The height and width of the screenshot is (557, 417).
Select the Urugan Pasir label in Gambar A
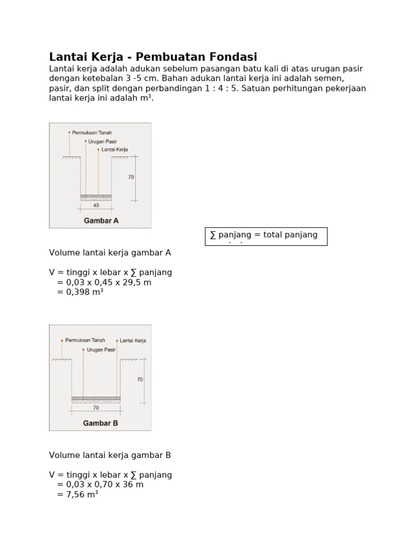(103, 141)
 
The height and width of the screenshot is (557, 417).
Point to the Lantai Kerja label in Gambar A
(115, 149)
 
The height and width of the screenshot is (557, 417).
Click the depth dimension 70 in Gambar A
(131, 177)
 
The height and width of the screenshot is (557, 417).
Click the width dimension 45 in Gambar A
(96, 206)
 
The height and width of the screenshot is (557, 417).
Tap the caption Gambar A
(100, 221)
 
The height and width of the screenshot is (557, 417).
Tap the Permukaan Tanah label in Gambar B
(85, 341)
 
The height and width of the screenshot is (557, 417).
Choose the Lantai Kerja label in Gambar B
(132, 341)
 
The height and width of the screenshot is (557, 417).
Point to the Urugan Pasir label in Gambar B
(103, 350)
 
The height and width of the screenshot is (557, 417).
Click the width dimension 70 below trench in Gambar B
(96, 407)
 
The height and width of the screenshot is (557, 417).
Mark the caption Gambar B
(100, 423)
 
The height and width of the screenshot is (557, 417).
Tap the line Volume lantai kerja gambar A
(110, 252)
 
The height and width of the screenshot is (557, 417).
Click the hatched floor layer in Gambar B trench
(96, 399)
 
